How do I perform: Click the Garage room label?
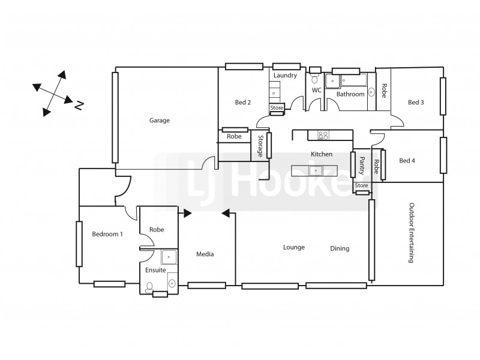160,120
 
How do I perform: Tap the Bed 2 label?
242,103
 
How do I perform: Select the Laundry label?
285,76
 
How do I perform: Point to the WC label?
316,91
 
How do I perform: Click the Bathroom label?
350,94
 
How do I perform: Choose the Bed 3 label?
416,103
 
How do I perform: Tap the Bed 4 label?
407,160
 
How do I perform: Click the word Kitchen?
321,154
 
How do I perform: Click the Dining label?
340,248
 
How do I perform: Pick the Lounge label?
294,247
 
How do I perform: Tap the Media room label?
205,254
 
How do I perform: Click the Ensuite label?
155,271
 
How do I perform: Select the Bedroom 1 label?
107,234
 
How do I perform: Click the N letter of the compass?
79,106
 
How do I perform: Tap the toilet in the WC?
314,79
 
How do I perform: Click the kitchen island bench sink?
316,171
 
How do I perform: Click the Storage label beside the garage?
260,146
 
